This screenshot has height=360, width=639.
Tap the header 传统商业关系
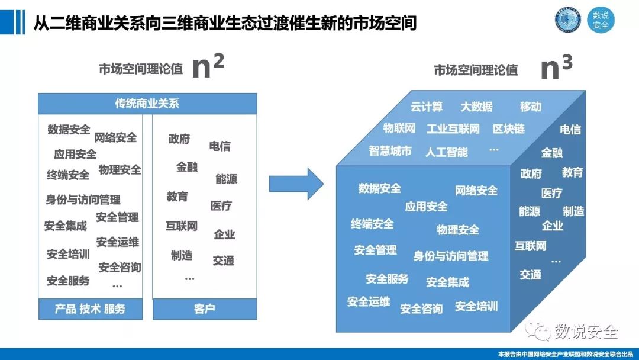tap(147, 104)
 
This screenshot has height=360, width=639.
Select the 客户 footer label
tap(204, 308)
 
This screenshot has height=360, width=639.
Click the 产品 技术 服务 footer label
tap(90, 308)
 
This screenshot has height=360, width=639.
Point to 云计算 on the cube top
tap(427, 107)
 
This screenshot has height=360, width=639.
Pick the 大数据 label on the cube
tap(476, 107)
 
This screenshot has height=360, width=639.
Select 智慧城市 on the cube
tap(390, 151)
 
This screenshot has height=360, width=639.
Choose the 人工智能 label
tap(446, 152)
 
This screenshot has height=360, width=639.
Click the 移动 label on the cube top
tap(531, 107)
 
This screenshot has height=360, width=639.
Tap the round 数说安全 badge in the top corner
tap(601, 20)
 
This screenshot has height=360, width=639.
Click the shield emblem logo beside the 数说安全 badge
tap(568, 20)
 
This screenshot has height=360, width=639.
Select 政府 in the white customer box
tap(179, 139)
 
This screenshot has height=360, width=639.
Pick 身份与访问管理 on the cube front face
tap(451, 256)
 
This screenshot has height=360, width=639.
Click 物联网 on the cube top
tap(399, 128)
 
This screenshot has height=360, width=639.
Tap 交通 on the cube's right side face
tap(531, 275)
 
